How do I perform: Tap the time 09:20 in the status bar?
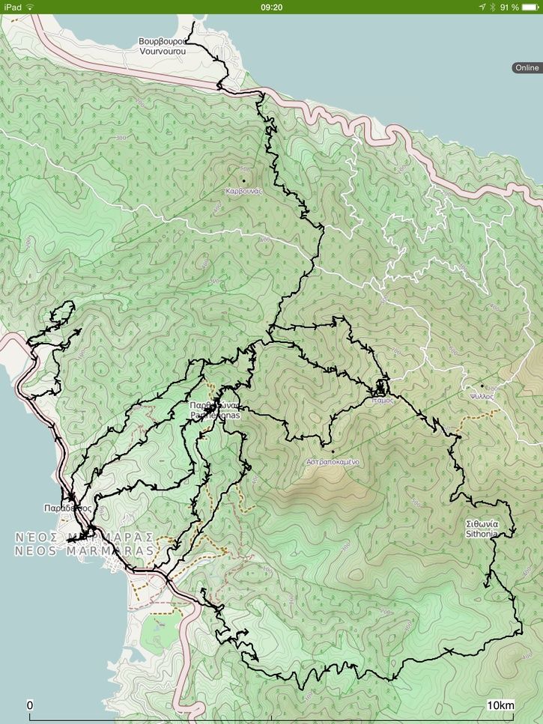coord(271,7)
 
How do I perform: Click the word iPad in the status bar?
coord(12,7)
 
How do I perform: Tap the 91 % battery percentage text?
coord(509,7)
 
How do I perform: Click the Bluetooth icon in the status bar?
coord(492,7)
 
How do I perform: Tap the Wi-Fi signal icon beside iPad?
coord(30,7)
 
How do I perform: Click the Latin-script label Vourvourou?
coord(161,52)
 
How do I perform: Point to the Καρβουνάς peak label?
coord(243,191)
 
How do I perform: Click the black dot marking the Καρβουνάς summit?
coord(243,180)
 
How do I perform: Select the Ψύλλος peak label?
coord(482,396)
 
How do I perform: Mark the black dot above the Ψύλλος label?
coord(482,386)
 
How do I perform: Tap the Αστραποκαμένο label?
coord(333,462)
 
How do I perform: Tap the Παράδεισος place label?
coord(67,508)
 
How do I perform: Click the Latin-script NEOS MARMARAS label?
coord(84,551)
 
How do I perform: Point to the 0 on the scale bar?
coord(30,705)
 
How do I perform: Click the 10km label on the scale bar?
coord(501,705)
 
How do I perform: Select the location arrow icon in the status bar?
coord(482,7)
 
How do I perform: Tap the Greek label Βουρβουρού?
coord(161,42)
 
